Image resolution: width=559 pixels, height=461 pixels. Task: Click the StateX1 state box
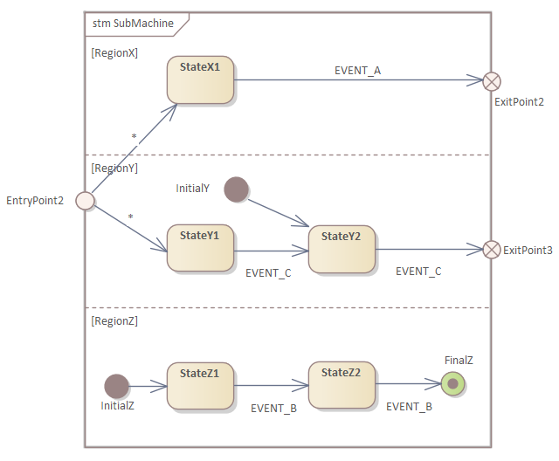tap(200, 80)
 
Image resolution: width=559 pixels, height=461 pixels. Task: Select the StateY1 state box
tap(200, 249)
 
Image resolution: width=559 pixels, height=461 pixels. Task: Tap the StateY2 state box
tap(342, 249)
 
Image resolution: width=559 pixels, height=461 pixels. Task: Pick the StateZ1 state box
tap(200, 385)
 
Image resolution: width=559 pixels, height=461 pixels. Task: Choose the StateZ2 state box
tap(342, 384)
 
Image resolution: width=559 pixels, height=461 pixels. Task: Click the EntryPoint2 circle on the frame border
tap(85, 201)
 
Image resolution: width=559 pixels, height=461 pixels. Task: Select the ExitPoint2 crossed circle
tap(493, 81)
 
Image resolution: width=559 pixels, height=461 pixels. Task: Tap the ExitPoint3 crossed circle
tap(493, 250)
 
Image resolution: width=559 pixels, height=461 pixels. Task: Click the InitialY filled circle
tap(237, 189)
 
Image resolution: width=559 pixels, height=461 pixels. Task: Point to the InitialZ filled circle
tap(116, 386)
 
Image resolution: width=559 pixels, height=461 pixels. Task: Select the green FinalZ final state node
tap(452, 383)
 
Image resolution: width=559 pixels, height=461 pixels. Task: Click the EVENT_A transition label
tap(357, 70)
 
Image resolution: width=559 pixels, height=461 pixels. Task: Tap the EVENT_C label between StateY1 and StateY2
tap(268, 273)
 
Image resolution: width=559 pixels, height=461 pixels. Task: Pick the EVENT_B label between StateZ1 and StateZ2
tap(274, 408)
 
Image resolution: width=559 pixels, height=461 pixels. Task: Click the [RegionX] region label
tap(114, 52)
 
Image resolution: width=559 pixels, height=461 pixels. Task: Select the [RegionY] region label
tap(114, 169)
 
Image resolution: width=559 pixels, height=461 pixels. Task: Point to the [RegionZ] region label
tap(114, 320)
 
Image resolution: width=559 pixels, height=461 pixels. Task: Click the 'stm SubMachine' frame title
tap(133, 23)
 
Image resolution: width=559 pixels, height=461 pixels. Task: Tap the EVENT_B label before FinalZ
tap(409, 406)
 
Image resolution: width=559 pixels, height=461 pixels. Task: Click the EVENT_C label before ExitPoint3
tap(418, 272)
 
